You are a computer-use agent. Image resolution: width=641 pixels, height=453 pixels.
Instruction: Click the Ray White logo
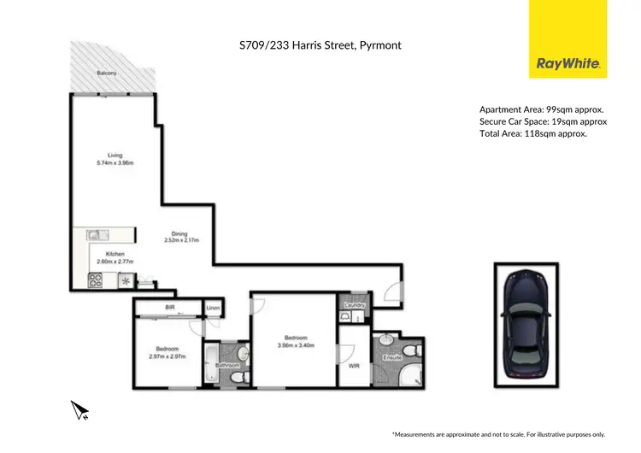click(x=567, y=63)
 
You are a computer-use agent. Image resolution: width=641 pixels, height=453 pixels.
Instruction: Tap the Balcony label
click(x=107, y=74)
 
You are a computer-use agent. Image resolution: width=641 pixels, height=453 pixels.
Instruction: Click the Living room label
click(x=104, y=155)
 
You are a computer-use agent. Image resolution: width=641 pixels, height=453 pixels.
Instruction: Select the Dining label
click(x=179, y=233)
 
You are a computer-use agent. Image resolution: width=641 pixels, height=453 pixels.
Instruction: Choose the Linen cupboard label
click(x=213, y=306)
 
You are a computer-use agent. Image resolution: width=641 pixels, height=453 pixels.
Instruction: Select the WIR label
click(x=352, y=366)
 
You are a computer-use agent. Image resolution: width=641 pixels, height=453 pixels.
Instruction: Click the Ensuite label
click(x=392, y=356)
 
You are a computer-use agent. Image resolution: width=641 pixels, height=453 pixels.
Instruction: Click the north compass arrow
click(x=81, y=411)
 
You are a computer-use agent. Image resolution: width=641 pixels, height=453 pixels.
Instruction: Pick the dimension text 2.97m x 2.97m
click(x=167, y=356)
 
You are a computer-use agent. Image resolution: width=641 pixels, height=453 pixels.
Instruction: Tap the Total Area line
click(x=532, y=133)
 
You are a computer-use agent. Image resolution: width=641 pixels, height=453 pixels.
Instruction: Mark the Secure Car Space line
click(x=543, y=121)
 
